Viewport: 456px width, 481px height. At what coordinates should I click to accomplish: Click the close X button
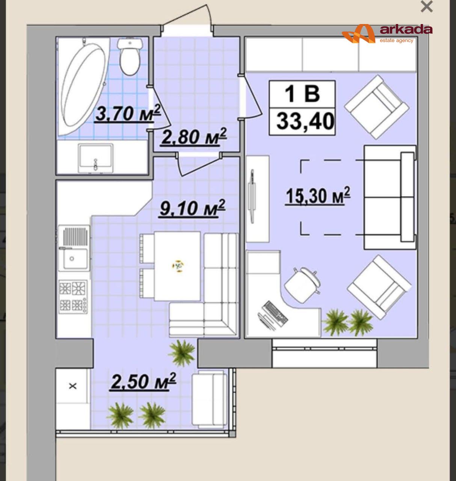(427, 7)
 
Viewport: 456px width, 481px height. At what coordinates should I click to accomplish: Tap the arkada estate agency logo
(387, 33)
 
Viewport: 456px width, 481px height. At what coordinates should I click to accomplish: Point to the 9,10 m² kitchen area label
(192, 208)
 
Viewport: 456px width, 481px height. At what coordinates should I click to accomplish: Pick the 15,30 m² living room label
(318, 196)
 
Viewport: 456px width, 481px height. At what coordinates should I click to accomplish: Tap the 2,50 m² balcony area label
(143, 381)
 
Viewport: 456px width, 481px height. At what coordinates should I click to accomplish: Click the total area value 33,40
(305, 121)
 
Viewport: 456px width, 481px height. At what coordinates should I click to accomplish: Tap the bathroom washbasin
(96, 158)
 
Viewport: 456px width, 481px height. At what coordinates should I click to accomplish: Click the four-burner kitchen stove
(73, 297)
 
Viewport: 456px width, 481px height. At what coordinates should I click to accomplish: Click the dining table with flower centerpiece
(177, 266)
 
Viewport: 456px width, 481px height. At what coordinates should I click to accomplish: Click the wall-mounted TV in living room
(252, 196)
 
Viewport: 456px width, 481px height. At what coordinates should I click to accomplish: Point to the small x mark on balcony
(72, 386)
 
